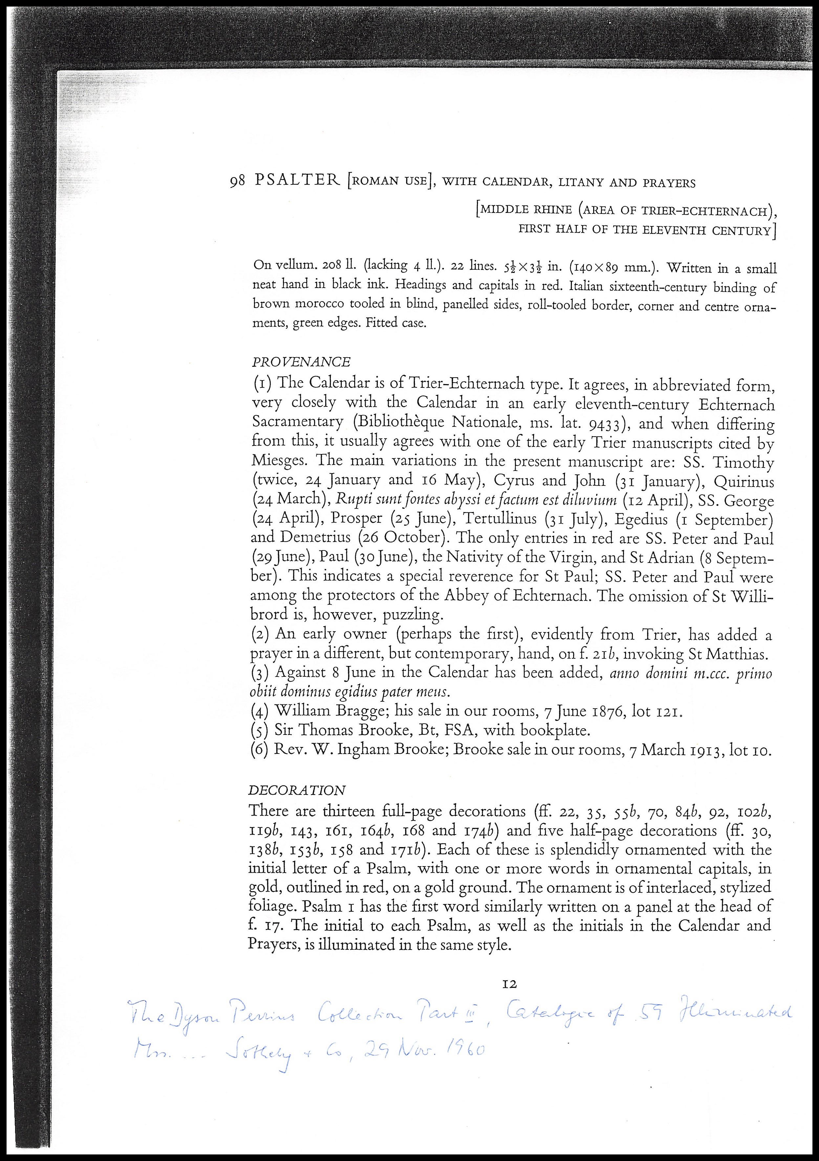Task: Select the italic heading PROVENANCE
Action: coord(301,362)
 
